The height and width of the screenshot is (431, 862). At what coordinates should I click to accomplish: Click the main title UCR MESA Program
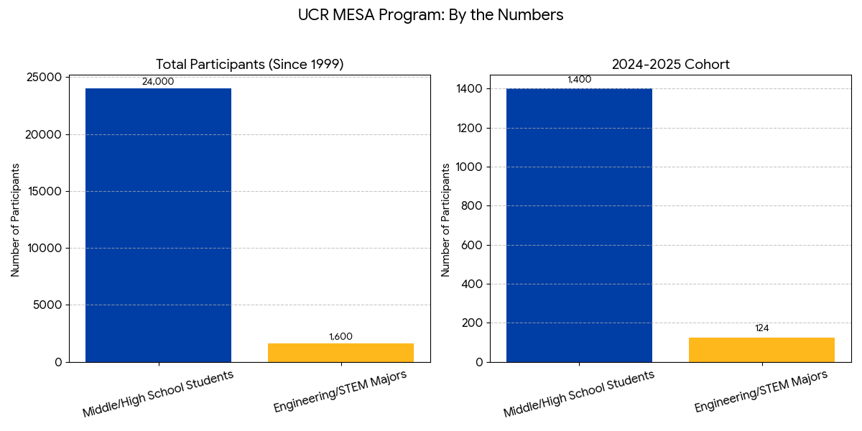click(x=430, y=15)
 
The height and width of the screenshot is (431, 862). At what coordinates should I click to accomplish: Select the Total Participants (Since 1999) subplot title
click(x=250, y=65)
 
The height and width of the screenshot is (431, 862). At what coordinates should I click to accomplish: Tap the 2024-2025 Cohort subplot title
click(x=670, y=65)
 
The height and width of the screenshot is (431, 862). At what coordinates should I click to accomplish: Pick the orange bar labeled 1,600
click(x=340, y=353)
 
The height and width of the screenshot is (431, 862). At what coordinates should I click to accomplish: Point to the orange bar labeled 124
click(x=761, y=350)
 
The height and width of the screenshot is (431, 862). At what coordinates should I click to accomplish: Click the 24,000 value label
click(x=158, y=82)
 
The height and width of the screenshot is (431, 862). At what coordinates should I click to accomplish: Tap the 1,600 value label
click(x=340, y=337)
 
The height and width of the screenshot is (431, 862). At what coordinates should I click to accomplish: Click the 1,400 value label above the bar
click(x=579, y=80)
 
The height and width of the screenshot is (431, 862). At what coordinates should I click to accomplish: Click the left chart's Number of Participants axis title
click(x=15, y=220)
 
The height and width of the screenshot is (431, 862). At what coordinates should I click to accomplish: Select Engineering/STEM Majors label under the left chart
click(x=340, y=391)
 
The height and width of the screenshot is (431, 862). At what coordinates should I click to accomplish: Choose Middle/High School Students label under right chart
click(x=579, y=394)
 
